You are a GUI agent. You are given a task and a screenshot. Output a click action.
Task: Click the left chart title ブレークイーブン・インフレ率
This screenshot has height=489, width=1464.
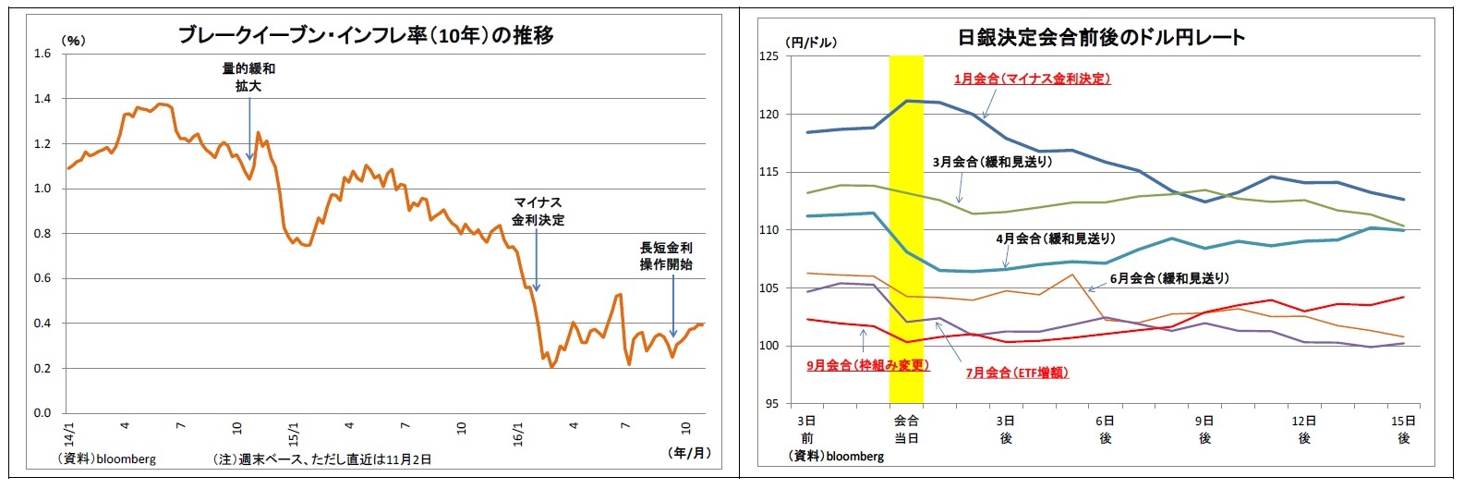coord(365,36)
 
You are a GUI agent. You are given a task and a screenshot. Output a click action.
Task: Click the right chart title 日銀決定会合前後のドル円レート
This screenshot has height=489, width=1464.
coord(1101,38)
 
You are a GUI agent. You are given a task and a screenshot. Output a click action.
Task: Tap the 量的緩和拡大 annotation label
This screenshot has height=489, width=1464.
coord(248,77)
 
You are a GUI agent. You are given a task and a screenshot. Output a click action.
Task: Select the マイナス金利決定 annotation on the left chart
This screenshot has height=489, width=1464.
coord(538,212)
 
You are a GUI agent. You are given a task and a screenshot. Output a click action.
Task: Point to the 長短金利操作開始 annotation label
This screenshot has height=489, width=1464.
coord(666,256)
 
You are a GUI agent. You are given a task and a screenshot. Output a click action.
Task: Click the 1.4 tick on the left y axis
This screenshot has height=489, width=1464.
coord(42,99)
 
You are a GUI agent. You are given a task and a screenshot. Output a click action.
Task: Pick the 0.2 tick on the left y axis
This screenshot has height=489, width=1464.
coord(42,369)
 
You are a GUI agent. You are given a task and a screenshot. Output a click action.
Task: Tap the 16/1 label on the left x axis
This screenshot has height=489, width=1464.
coord(517,431)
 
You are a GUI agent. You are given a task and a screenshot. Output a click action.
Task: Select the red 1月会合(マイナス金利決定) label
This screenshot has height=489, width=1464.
coord(1032,79)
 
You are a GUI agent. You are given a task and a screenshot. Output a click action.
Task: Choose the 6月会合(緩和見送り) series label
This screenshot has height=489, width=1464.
coord(1169,278)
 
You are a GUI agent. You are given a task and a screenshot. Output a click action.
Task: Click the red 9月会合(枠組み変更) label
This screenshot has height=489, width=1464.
coord(867,365)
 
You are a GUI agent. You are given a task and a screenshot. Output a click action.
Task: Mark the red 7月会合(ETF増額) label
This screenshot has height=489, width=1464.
coord(1017,373)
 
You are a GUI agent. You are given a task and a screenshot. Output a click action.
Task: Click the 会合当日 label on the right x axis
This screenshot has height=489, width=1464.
coord(906,429)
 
